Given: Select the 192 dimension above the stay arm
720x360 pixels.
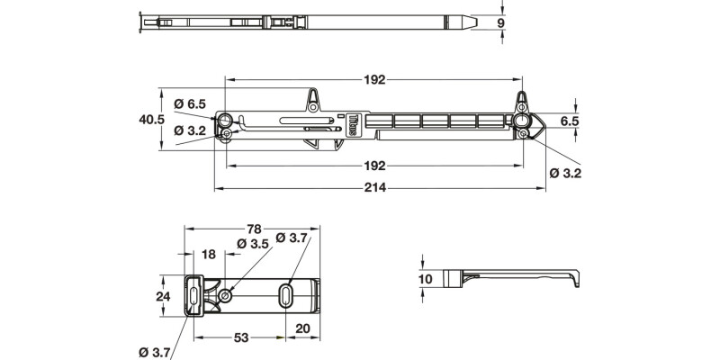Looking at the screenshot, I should pos(375,79).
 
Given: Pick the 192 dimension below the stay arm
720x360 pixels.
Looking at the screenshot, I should pos(375,166).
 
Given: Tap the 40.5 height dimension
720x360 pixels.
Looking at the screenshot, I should pos(152,119).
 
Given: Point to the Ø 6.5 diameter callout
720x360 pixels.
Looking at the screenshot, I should pos(191,103).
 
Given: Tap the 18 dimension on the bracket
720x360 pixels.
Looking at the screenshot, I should pos(209,256).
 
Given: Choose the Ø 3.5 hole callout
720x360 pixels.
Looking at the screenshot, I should pos(253,244).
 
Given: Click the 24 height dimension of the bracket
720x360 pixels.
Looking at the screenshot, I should pos(162,295).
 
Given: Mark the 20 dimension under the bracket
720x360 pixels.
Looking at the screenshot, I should pos(303,328).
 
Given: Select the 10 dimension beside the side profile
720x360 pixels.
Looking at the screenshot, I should pos(426,279).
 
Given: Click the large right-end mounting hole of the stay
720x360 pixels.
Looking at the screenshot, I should pos(521,120).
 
